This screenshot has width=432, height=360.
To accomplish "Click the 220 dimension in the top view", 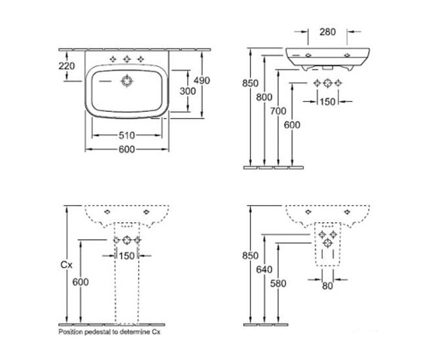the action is point(67,66).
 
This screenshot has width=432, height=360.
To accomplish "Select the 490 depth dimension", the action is point(202,81).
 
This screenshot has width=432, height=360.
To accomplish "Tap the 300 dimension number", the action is point(188,91).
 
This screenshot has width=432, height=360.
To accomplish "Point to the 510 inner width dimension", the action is point(127,135).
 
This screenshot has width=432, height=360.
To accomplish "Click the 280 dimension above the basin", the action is point(328,32).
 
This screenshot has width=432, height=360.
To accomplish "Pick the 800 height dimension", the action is point(264,97).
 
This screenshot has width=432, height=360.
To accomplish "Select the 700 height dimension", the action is point(278,111).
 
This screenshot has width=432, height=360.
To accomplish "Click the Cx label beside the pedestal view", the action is point(66,265).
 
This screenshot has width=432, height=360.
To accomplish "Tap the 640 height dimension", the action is point(264,269).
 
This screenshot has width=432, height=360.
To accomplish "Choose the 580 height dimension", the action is point(278,283).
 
